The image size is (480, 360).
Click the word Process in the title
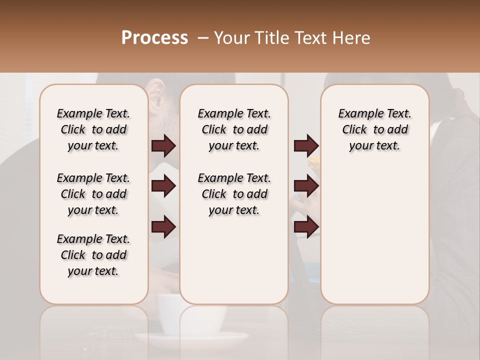[x=154, y=38]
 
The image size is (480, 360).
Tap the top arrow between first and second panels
[x=163, y=146]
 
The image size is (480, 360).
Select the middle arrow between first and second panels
[x=163, y=186]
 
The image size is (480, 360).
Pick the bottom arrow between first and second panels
[x=163, y=227]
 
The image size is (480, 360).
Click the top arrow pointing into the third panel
[x=306, y=146]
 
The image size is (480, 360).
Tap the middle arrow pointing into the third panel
[x=306, y=186]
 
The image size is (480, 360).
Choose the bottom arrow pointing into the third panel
[x=306, y=227]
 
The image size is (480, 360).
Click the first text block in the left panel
[x=93, y=129]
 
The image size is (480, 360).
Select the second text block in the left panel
[x=93, y=194]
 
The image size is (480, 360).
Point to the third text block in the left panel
[x=93, y=255]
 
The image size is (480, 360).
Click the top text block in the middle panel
[x=234, y=129]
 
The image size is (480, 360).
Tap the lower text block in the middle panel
[x=234, y=194]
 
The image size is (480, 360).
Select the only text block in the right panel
[x=374, y=129]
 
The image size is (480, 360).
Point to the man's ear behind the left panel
[x=155, y=100]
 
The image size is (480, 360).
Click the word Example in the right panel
[x=356, y=113]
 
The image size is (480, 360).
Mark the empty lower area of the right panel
[x=374, y=235]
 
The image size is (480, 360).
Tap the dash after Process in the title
[x=203, y=38]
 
